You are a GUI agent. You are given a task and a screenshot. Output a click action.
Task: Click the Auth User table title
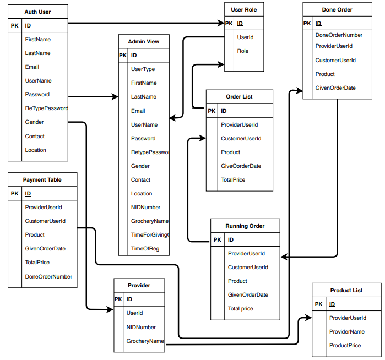click(38, 12)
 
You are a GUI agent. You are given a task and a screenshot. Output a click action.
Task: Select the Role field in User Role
click(242, 51)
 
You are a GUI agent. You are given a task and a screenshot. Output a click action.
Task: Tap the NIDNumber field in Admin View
click(145, 208)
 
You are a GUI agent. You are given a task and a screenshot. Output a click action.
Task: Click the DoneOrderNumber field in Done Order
click(339, 35)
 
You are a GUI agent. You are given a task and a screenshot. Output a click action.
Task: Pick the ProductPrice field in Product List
click(345, 346)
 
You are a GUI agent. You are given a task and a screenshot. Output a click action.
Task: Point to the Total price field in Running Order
click(240, 309)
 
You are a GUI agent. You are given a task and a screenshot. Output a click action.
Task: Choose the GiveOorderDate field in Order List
click(241, 166)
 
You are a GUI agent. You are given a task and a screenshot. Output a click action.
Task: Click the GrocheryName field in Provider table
click(145, 341)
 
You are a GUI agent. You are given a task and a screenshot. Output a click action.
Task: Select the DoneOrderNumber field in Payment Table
click(48, 277)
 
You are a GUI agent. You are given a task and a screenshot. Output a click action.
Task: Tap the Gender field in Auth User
click(34, 122)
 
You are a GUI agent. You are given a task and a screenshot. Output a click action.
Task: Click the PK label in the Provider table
click(118, 299)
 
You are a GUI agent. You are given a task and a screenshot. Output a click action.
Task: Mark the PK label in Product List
click(319, 304)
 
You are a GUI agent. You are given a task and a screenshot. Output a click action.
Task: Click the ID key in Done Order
click(318, 24)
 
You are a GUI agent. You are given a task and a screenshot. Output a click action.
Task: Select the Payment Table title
click(42, 180)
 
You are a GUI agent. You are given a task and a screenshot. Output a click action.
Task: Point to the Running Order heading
click(245, 226)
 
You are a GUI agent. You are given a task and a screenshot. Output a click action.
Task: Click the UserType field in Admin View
click(143, 69)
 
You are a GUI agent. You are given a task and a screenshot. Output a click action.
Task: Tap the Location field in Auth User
click(35, 150)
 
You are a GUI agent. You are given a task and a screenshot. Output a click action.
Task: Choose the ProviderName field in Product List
click(347, 332)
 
